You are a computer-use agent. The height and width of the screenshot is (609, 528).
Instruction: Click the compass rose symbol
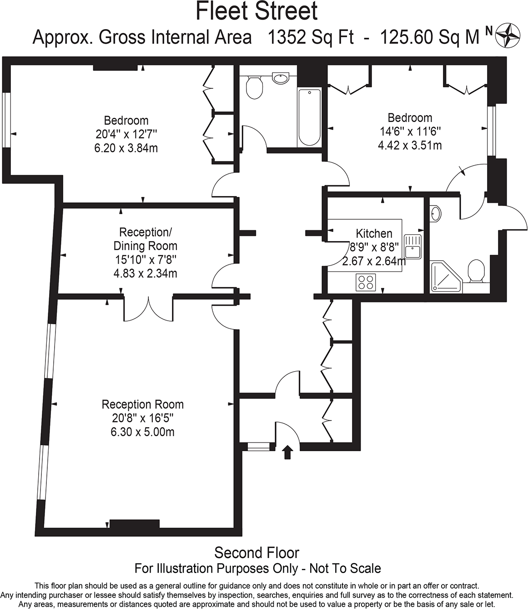(508, 35)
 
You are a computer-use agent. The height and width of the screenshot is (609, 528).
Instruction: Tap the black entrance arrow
(287, 452)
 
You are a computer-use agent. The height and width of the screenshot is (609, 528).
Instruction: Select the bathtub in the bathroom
(309, 117)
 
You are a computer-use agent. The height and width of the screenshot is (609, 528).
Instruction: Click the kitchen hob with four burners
(366, 282)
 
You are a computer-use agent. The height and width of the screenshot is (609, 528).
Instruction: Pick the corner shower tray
(445, 277)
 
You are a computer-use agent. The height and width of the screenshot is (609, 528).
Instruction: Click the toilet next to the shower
(476, 272)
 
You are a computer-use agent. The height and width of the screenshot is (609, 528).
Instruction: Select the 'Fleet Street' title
(256, 11)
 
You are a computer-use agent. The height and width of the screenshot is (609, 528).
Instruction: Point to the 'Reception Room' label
(143, 404)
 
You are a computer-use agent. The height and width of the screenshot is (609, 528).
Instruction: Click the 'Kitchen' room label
(374, 233)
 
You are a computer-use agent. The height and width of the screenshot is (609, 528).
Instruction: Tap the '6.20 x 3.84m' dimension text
(126, 148)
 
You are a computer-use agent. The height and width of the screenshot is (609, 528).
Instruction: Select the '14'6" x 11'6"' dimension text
(410, 131)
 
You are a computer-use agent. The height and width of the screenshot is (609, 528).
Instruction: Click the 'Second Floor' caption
(256, 553)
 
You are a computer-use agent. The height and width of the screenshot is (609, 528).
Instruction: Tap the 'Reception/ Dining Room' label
(145, 239)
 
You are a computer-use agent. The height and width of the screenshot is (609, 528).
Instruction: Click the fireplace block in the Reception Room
(135, 524)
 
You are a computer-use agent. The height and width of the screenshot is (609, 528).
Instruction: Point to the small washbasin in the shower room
(435, 213)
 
